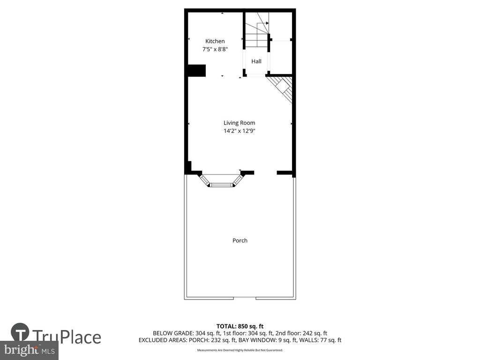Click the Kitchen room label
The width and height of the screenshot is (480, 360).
coord(215,41)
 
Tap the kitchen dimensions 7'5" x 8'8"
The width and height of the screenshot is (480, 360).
coord(215,49)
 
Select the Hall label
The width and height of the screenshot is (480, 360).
coord(256,61)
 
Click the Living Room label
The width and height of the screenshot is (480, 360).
coord(239,123)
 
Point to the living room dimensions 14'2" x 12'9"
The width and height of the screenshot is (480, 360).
coord(239,131)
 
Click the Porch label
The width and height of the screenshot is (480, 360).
coord(240,240)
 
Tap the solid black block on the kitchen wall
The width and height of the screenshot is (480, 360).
coord(196,71)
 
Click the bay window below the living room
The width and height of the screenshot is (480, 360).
coord(221,180)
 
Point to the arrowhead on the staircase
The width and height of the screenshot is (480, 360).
coord(267,23)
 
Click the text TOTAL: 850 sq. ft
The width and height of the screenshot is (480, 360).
coord(240,326)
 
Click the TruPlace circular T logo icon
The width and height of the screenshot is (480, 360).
coord(20,332)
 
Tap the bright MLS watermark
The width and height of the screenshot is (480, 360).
coord(29,350)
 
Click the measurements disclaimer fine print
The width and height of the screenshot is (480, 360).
coord(240,350)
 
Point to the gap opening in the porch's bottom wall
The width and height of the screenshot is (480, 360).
coord(245,298)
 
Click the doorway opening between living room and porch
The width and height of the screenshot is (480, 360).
coord(265,173)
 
